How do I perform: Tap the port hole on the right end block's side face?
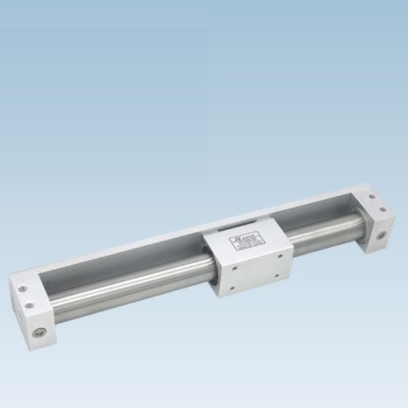coord(381,236)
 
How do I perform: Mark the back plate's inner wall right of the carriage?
coord(320,212)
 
